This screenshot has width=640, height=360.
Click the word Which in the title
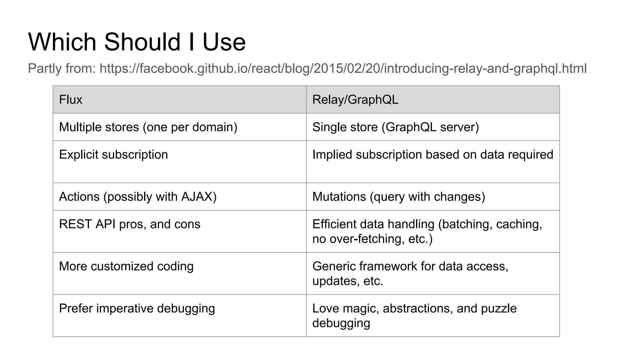62,42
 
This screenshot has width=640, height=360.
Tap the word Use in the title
224,42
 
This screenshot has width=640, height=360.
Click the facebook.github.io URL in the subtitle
343,68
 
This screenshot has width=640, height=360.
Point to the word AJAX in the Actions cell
197,197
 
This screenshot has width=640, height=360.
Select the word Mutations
339,197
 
